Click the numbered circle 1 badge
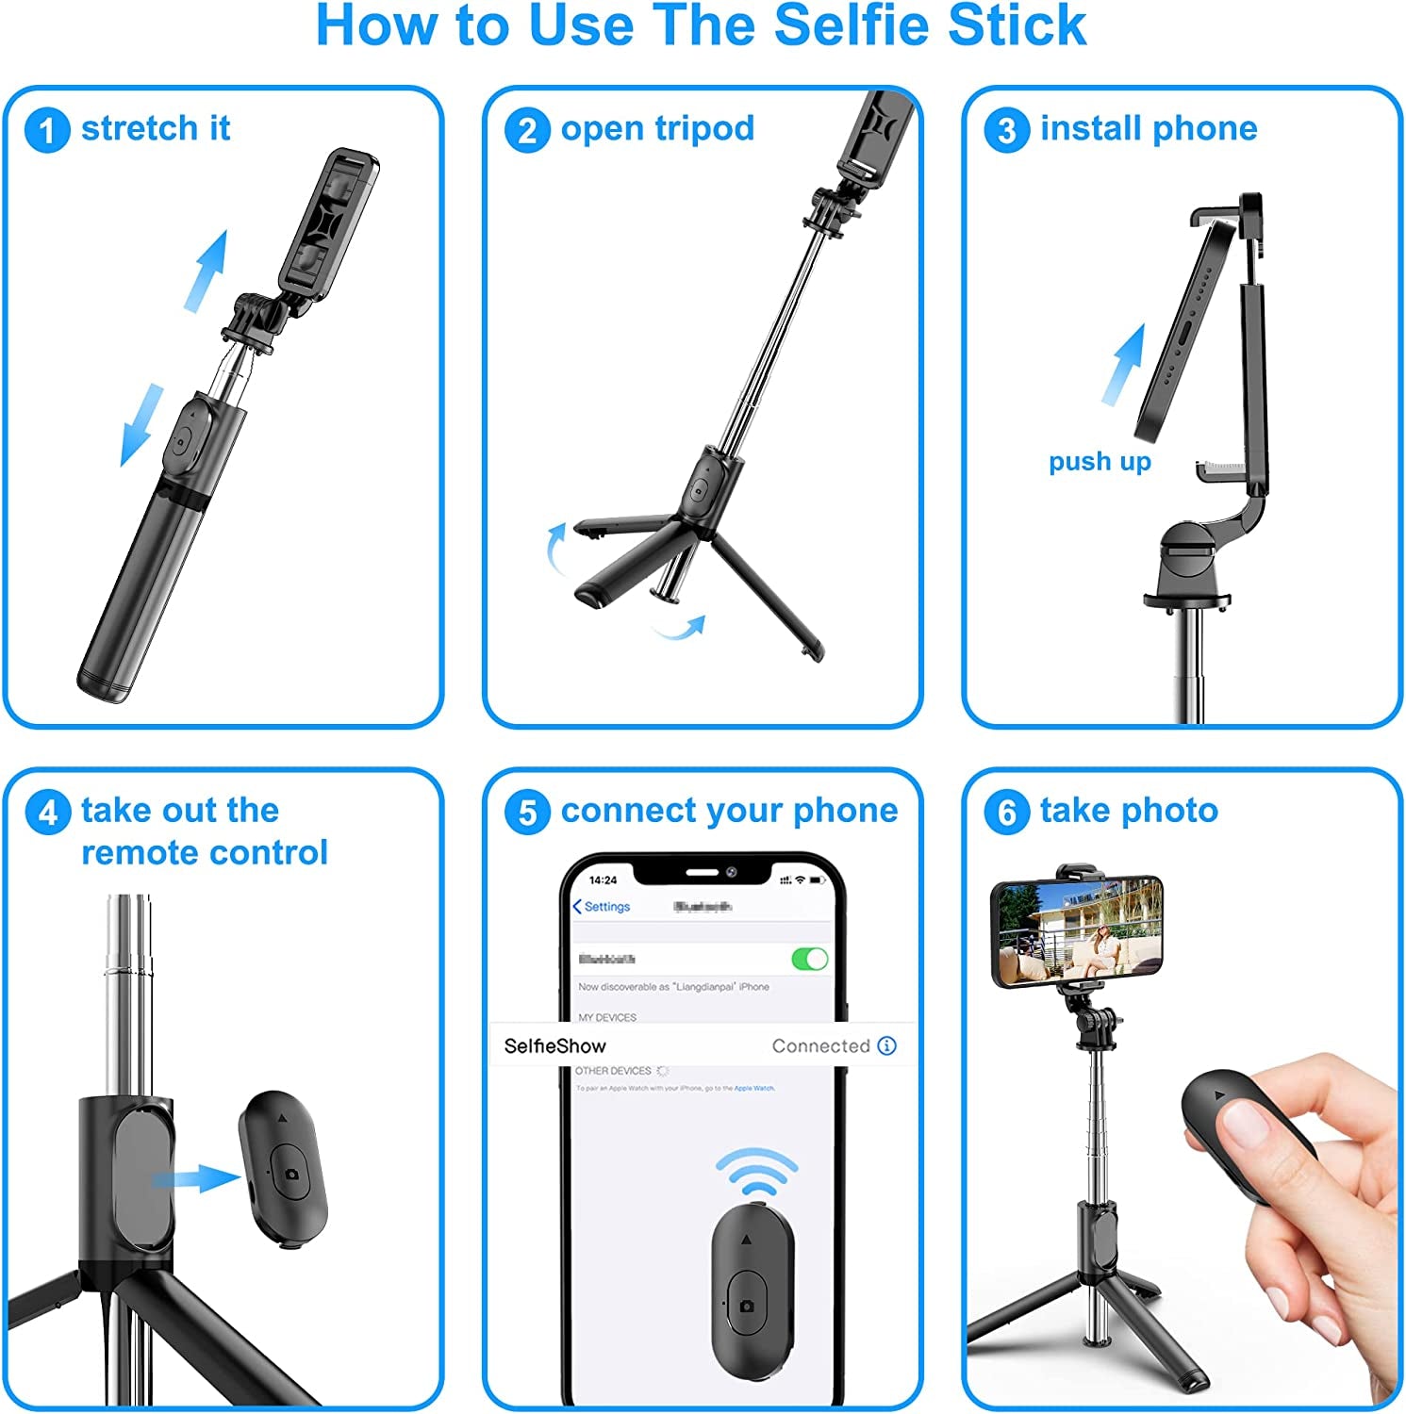pos(47,130)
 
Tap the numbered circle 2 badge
pos(527,130)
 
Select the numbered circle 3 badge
pos(1006,130)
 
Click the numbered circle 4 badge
pos(47,812)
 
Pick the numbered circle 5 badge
pos(527,812)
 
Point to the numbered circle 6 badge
pos(1006,812)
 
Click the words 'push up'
pos(1100,462)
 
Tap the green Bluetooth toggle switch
pos(809,959)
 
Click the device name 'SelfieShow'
pos(554,1046)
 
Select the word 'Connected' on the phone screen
pos(820,1046)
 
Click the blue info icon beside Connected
pos(886,1045)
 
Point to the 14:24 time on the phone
pos(603,880)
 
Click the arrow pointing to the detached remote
pos(197,1178)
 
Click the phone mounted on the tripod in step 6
pos(1077,929)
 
